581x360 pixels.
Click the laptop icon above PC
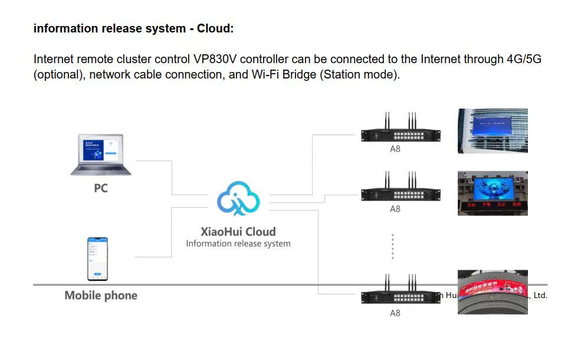[101, 155]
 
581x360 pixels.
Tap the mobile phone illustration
[98, 258]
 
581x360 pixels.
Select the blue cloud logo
[238, 198]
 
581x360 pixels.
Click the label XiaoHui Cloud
[238, 231]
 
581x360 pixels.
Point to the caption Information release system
[238, 243]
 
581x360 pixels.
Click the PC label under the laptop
[101, 189]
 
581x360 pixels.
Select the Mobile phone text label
[101, 296]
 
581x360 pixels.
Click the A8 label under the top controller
[395, 149]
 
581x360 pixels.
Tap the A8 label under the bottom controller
[395, 313]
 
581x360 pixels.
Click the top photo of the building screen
[493, 131]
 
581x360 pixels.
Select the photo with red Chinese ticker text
[493, 193]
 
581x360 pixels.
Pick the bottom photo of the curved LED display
[493, 292]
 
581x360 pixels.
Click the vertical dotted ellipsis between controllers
[393, 246]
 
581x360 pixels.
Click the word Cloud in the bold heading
[215, 28]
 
